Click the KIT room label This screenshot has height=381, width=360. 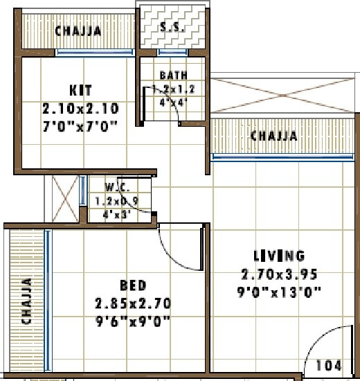click(x=80, y=91)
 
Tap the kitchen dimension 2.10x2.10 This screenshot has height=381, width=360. click(x=80, y=108)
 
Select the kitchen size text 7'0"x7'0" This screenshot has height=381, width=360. click(x=80, y=125)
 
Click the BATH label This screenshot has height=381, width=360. click(x=172, y=76)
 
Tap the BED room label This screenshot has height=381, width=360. click(x=132, y=285)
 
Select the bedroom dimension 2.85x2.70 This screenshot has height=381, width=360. click(x=133, y=303)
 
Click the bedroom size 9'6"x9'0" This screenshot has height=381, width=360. click(x=133, y=321)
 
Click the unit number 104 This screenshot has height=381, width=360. click(x=328, y=365)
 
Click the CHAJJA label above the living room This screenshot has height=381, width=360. click(x=273, y=136)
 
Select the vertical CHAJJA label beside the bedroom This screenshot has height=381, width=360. click(x=26, y=301)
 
